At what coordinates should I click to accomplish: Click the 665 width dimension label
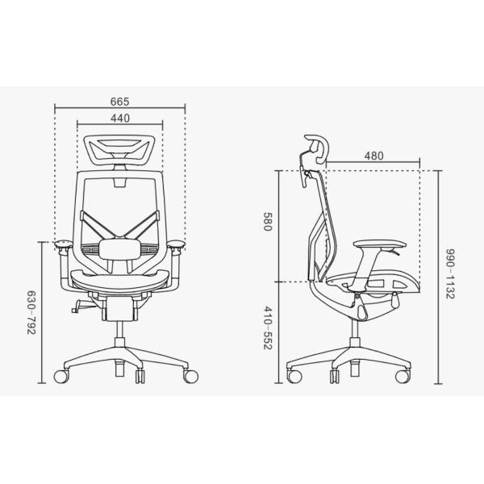[119, 102]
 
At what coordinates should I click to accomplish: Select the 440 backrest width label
[120, 119]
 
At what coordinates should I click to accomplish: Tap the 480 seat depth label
[373, 156]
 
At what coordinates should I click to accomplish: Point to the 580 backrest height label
[267, 221]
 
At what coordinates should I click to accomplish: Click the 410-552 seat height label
[267, 328]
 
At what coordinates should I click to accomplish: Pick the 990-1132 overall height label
[450, 273]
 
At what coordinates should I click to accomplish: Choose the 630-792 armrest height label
[31, 312]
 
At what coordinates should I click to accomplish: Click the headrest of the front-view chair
[119, 149]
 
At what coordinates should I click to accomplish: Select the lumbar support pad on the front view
[119, 248]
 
